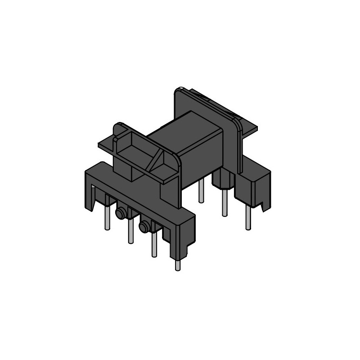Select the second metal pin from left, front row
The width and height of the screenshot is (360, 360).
pyautogui.click(x=130, y=231)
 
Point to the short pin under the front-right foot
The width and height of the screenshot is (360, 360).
pyautogui.click(x=177, y=265)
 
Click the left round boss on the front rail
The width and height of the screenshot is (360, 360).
pyautogui.click(x=121, y=213)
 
